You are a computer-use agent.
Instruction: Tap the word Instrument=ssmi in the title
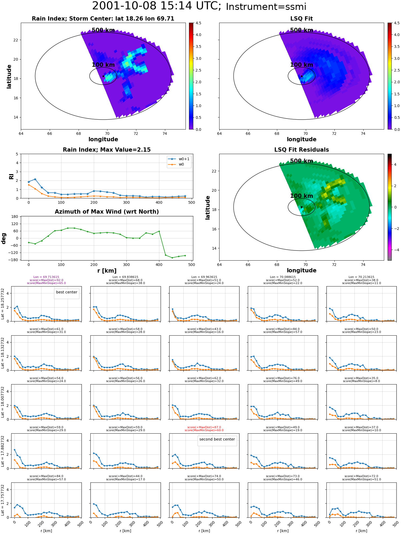pos(266,7)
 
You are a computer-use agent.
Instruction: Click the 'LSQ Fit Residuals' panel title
pos(302,150)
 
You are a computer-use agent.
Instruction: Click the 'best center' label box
pos(67,292)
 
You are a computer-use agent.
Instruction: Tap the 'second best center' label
pos(217,439)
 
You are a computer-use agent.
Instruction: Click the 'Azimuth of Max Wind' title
pos(107,212)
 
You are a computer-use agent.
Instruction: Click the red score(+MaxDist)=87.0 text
pos(204,427)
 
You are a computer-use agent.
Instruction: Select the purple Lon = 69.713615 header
pos(46,277)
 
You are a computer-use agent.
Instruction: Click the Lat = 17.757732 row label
pos(3,500)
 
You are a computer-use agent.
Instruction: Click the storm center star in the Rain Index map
pos(103,76)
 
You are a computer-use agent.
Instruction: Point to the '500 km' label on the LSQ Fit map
pos(302,30)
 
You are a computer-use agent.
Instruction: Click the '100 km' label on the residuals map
pos(302,196)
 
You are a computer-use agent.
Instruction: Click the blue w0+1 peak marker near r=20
pos(35,179)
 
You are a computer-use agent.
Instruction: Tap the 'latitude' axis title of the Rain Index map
pos(9,76)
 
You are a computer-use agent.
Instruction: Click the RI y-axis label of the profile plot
pos(11,176)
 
